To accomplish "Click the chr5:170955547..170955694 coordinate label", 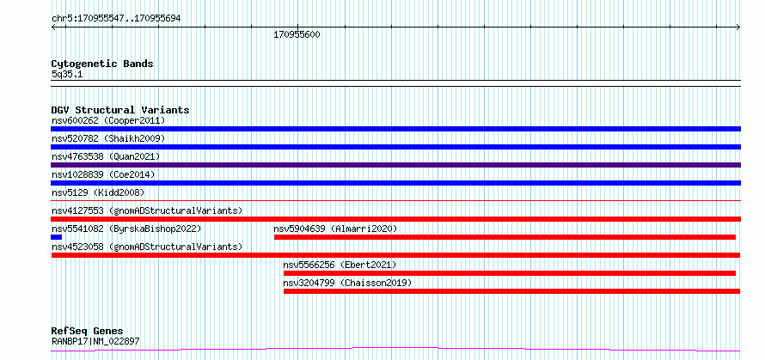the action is pyautogui.click(x=116, y=19).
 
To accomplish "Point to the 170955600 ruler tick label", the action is pyautogui.click(x=297, y=35).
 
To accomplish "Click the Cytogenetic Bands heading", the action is pyautogui.click(x=102, y=64).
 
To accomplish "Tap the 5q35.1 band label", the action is pyautogui.click(x=67, y=74).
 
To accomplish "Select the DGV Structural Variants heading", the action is pyautogui.click(x=120, y=110).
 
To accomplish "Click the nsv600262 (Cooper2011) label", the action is pyautogui.click(x=108, y=120).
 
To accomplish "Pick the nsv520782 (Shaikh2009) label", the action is pyautogui.click(x=108, y=138).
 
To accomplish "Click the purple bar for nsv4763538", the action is pyautogui.click(x=395, y=165).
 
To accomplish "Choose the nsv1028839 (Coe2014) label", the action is pyautogui.click(x=103, y=174).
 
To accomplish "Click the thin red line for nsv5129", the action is pyautogui.click(x=395, y=200).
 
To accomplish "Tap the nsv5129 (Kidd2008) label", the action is pyautogui.click(x=98, y=192).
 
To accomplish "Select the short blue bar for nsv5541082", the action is pyautogui.click(x=56, y=237).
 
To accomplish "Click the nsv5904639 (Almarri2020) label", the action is pyautogui.click(x=335, y=229).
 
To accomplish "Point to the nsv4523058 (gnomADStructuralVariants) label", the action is pyautogui.click(x=147, y=247).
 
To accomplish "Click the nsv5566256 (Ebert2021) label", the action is pyautogui.click(x=340, y=265).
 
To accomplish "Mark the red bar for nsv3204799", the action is pyautogui.click(x=511, y=291).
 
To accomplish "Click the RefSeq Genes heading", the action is pyautogui.click(x=88, y=332).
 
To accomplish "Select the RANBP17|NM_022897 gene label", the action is pyautogui.click(x=95, y=341).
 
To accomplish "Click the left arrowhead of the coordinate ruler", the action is pyautogui.click(x=52, y=27).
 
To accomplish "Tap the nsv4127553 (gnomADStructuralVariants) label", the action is pyautogui.click(x=147, y=211).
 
